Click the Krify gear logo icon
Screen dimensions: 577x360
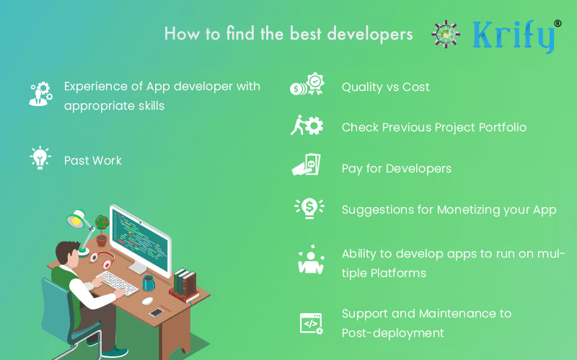pyautogui.click(x=446, y=34)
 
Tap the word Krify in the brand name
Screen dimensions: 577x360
pyautogui.click(x=514, y=36)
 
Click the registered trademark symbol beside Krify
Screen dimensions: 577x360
pyautogui.click(x=558, y=23)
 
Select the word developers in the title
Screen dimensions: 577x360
pyautogui.click(x=369, y=35)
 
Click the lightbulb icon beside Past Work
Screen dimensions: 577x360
pyautogui.click(x=40, y=158)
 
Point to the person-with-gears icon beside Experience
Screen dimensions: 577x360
pyautogui.click(x=41, y=94)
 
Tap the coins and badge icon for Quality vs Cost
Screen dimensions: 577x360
pyautogui.click(x=307, y=84)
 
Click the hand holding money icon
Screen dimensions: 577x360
pyautogui.click(x=306, y=164)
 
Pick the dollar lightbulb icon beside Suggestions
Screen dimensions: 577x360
pyautogui.click(x=309, y=208)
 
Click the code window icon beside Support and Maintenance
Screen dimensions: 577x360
pyautogui.click(x=312, y=324)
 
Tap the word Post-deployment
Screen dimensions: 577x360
pyautogui.click(x=392, y=333)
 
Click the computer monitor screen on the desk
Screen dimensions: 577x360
pyautogui.click(x=140, y=240)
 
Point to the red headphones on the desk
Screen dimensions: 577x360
pyautogui.click(x=102, y=258)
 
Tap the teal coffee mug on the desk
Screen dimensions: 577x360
pyautogui.click(x=149, y=283)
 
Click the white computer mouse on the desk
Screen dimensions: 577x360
pyautogui.click(x=147, y=301)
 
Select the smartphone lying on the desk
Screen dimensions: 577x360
pyautogui.click(x=156, y=312)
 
